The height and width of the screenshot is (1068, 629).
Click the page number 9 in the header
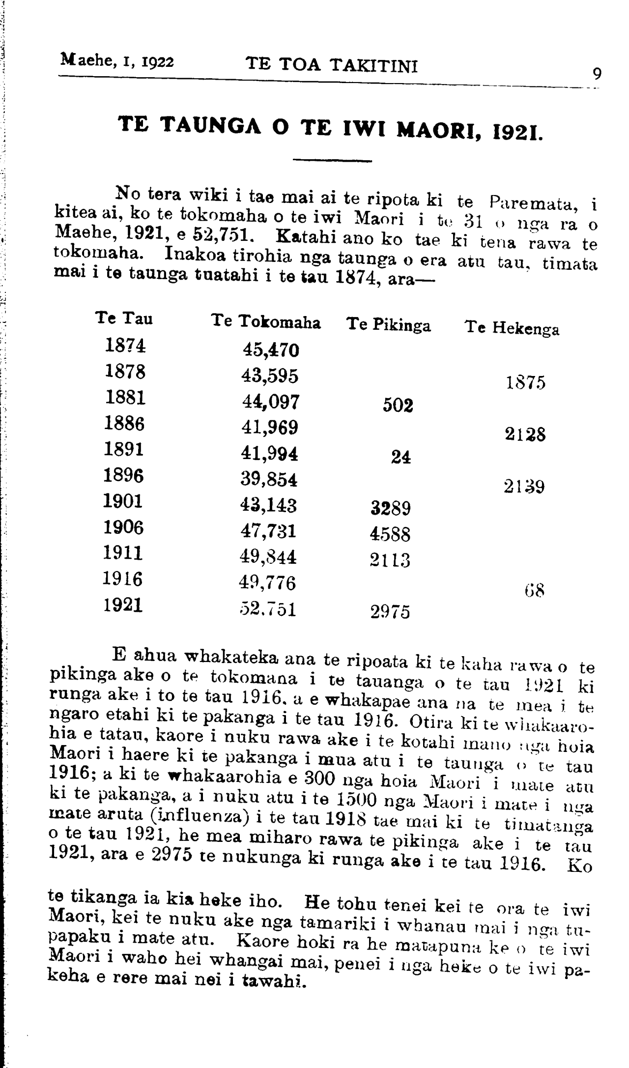point(597,74)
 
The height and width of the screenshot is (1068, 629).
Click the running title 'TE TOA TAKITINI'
point(332,64)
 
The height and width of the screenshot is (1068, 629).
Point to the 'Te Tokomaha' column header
point(266,322)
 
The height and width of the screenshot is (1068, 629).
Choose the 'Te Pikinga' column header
point(388,325)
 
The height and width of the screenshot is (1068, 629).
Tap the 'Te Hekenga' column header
point(512,328)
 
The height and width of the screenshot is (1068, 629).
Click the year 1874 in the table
point(125,346)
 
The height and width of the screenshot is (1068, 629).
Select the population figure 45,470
point(271,350)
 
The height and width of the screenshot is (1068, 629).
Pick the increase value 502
point(398,405)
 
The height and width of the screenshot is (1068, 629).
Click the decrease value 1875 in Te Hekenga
point(526,383)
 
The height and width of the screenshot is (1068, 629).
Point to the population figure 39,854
point(269,479)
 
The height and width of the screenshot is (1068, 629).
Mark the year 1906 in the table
point(123,528)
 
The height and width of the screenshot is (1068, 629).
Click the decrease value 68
point(534,589)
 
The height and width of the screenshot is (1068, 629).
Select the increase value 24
point(401,458)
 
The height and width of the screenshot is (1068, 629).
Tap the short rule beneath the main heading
point(332,161)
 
